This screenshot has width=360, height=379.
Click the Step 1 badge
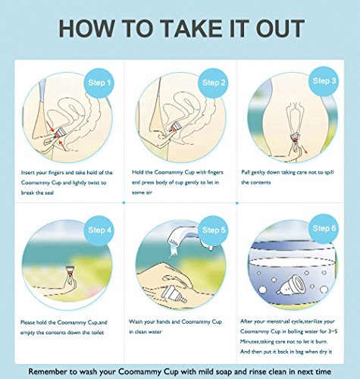click(99, 83)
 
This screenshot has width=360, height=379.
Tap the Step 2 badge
click(214, 83)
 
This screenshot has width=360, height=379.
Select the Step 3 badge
click(324, 81)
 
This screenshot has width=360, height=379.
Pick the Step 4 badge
click(99, 230)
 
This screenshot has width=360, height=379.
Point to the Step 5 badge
click(214, 230)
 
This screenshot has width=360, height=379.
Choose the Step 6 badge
click(324, 228)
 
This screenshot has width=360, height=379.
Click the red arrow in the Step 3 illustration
click(305, 150)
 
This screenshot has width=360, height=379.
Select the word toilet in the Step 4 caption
click(97, 332)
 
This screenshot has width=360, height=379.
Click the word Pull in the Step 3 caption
click(246, 172)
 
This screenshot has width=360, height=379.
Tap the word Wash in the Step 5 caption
click(136, 321)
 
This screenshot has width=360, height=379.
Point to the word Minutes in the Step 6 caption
click(249, 342)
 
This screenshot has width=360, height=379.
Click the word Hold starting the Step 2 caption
click(137, 172)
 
